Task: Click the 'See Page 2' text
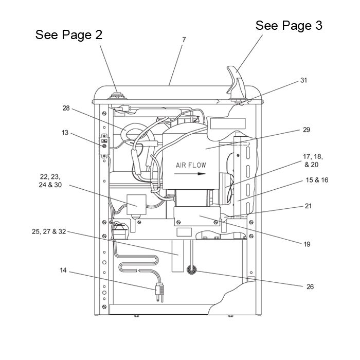[68, 34]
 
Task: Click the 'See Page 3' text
[289, 25]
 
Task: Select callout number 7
[184, 40]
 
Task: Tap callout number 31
[304, 80]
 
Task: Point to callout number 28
[66, 108]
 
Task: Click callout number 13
[65, 133]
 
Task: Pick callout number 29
[307, 130]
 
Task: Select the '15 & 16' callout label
[317, 180]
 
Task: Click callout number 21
[308, 206]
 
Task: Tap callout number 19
[307, 244]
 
